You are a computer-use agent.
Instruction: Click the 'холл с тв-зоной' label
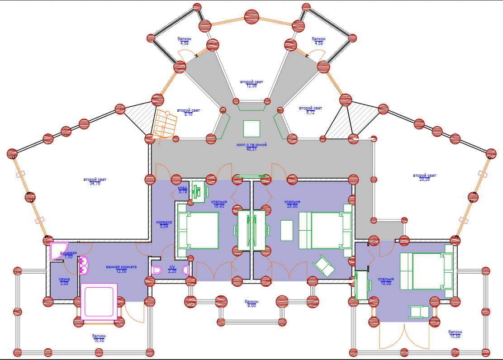251,145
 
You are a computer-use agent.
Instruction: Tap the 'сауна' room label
64,279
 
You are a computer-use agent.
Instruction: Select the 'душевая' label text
68,253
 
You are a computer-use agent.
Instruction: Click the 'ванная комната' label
121,267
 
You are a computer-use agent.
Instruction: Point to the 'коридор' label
164,222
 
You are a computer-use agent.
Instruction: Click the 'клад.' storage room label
183,188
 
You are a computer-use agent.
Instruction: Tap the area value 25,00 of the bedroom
292,206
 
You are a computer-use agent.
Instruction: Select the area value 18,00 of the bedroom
386,284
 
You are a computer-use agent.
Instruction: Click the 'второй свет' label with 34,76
95,180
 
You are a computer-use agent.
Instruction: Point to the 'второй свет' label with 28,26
424,175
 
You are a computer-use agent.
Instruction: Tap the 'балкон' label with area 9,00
251,301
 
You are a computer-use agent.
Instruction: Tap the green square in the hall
251,128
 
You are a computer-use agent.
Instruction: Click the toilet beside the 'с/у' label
157,270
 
